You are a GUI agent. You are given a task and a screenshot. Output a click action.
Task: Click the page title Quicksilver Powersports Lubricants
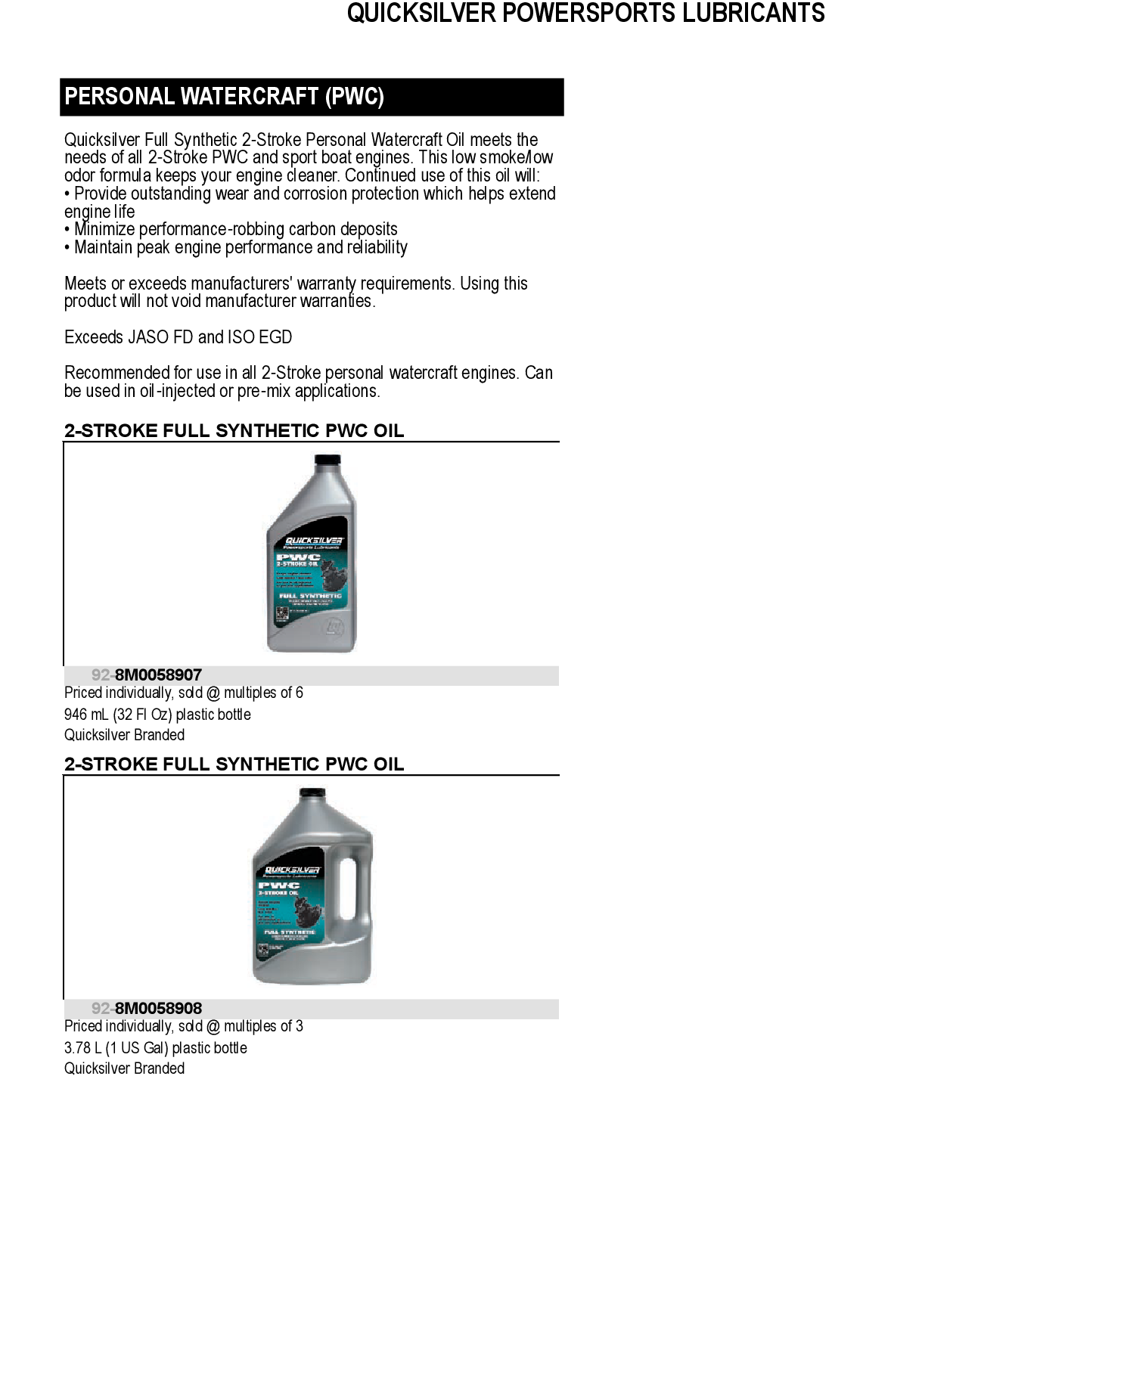point(585,14)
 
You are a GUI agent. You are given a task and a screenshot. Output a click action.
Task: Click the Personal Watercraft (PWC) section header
point(225,97)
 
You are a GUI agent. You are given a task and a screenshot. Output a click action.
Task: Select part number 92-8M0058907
point(147,675)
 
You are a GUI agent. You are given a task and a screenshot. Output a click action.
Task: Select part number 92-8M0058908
point(147,1009)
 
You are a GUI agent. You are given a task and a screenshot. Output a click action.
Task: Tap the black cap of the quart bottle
point(328,460)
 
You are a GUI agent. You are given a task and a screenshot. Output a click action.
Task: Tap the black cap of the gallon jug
point(312,794)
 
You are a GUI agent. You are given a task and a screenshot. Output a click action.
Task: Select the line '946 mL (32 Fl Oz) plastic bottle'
point(157,715)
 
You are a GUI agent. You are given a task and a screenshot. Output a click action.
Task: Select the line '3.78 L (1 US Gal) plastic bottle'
point(156,1048)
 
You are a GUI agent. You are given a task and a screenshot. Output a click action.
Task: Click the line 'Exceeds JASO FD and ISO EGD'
point(178,337)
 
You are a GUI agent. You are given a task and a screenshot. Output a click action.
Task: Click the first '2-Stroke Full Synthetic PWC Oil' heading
point(234,431)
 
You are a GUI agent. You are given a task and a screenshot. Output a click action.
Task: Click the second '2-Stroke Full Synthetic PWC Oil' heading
point(234,764)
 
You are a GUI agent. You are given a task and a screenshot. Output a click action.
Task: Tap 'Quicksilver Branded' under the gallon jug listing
point(125,1068)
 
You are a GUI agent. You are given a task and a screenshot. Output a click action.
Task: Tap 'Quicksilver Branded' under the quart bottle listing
point(125,735)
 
